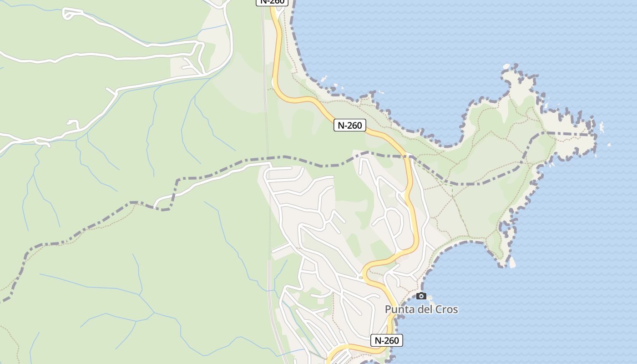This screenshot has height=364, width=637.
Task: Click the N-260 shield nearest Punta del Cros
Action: [x=387, y=340]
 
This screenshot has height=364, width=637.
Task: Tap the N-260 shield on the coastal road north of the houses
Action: [x=350, y=125]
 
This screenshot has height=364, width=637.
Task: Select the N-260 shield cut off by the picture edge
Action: [x=273, y=2]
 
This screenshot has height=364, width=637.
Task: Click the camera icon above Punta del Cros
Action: [x=421, y=296]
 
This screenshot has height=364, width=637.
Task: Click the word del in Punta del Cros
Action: [x=426, y=309]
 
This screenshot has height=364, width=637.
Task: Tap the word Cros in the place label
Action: [x=447, y=309]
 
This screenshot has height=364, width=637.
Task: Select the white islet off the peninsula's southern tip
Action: [x=512, y=263]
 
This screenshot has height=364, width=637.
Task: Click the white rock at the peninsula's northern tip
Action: [x=506, y=67]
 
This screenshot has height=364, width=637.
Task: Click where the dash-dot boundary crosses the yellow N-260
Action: [x=407, y=156]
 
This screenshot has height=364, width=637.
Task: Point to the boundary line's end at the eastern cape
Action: [x=595, y=135]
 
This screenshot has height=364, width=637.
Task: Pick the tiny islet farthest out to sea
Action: [x=609, y=145]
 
